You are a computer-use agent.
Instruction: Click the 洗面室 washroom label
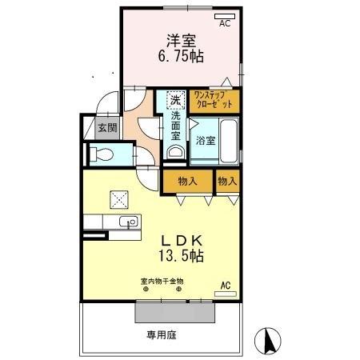click(175, 126)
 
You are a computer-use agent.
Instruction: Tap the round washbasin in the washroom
click(175, 151)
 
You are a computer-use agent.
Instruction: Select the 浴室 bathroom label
click(206, 141)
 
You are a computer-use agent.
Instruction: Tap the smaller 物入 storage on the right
click(227, 182)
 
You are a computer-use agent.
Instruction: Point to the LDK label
click(182, 239)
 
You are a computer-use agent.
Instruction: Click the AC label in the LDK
click(225, 285)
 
